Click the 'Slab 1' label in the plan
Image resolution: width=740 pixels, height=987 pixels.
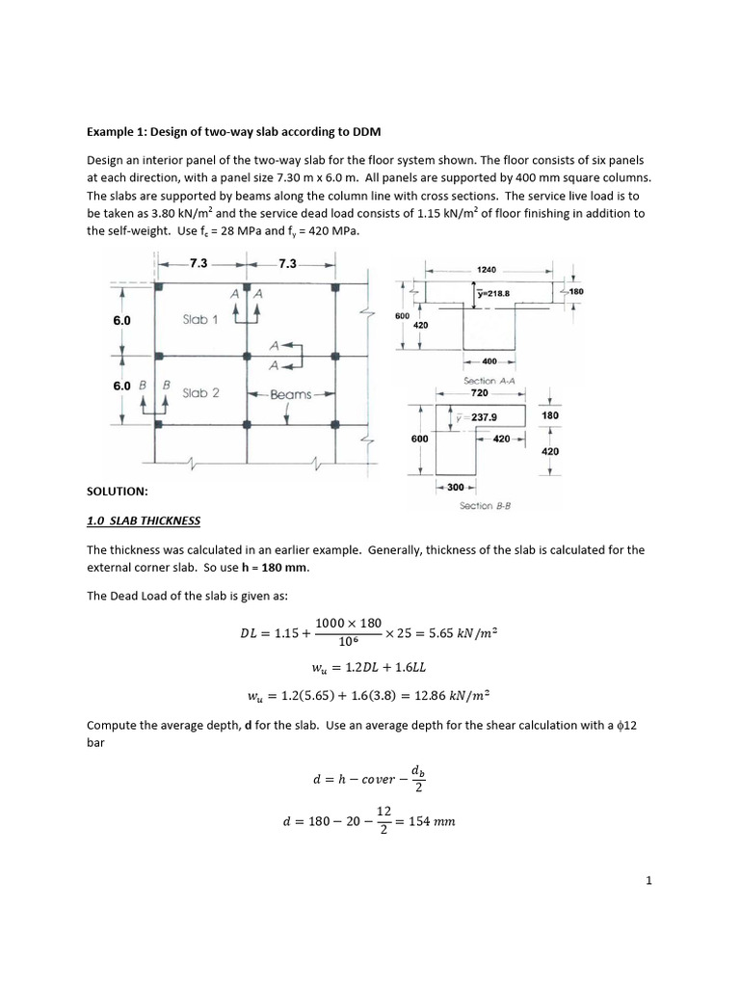pos(200,319)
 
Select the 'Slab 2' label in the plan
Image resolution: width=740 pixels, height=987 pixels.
pos(200,392)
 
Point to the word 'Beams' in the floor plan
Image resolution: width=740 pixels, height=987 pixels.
pos(290,394)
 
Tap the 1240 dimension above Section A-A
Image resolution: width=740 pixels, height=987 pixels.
pos(488,271)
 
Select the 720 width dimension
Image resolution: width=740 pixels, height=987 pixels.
pos(480,393)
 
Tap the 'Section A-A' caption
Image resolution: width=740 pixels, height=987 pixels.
pos(487,381)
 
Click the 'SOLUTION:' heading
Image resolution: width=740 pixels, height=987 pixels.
pos(118,492)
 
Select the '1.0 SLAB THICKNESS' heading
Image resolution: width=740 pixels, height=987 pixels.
pos(145,520)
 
